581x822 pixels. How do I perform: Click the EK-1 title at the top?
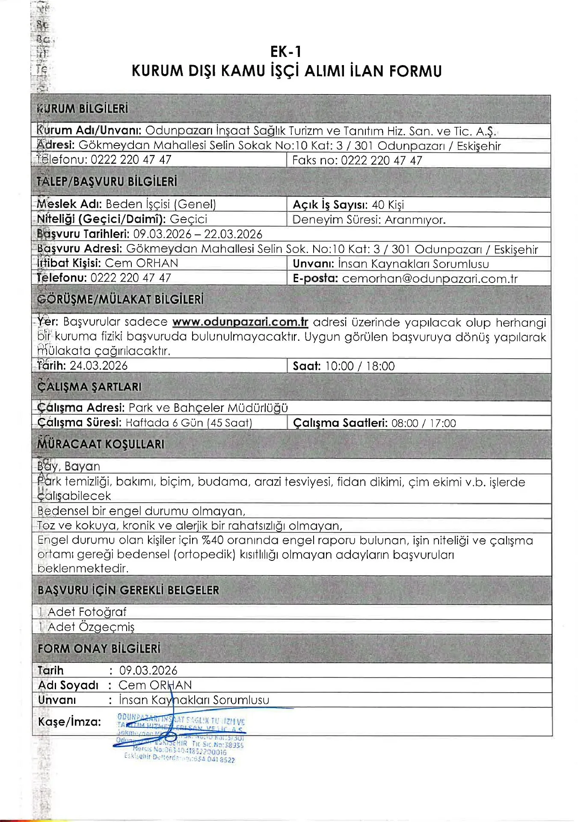coord(286,52)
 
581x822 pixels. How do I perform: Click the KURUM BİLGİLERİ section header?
coord(83,109)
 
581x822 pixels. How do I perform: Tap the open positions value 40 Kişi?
coord(388,205)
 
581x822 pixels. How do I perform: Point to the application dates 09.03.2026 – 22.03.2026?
coord(198,234)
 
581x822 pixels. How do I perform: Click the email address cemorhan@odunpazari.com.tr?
coord(430,279)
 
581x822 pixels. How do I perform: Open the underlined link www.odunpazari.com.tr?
coord(240,322)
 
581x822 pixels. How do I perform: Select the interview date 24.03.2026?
coord(98,366)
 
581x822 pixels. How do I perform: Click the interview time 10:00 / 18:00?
coord(360,366)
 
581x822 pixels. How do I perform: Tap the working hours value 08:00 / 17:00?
coord(424,423)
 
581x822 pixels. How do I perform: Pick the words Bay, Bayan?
coord(68,466)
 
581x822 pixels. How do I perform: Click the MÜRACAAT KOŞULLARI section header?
coord(101,444)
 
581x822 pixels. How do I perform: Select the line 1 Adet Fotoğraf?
coord(82,612)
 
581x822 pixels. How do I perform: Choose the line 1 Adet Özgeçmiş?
coord(86,627)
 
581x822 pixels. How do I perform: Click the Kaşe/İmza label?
coord(70,722)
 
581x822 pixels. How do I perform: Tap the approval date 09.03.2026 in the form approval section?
coord(148,670)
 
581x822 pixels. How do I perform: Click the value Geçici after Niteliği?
coord(188,219)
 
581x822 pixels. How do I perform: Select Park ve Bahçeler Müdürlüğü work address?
coord(208,408)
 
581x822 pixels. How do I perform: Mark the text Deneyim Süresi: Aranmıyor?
coord(369,220)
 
